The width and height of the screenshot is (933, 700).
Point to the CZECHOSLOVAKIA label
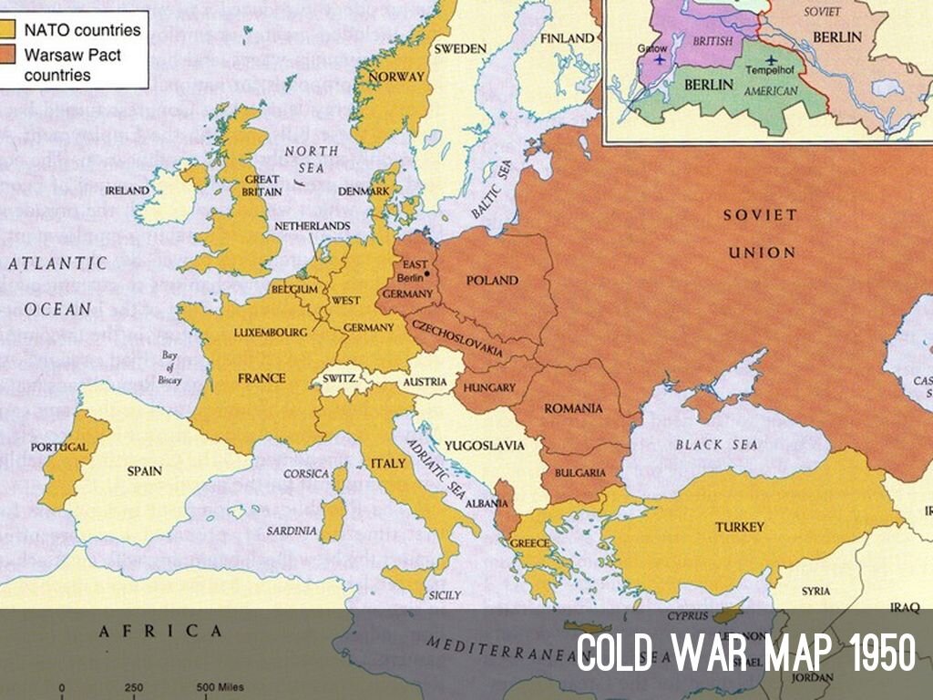(457, 338)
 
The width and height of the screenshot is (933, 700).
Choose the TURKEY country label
(739, 527)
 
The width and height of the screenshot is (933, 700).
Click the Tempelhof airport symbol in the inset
(772, 60)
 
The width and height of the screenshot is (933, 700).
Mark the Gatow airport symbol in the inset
(659, 59)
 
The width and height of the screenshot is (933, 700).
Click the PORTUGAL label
(59, 448)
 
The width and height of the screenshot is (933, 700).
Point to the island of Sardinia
(333, 519)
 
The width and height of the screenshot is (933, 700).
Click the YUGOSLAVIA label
(484, 446)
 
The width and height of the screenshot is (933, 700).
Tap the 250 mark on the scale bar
(133, 687)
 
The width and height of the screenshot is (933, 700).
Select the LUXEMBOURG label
(272, 333)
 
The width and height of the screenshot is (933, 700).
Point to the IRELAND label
(127, 190)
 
